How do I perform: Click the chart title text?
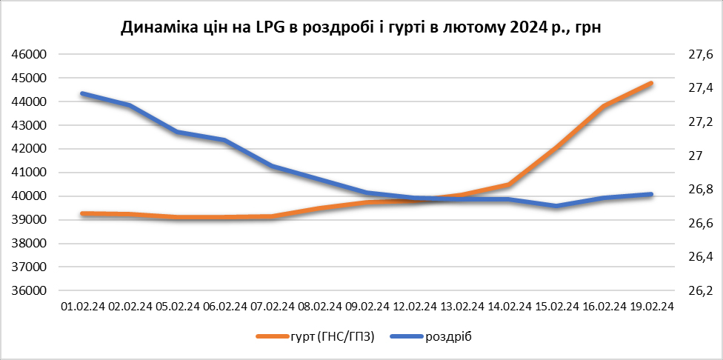pos(361,27)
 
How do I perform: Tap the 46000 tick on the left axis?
pos(30,54)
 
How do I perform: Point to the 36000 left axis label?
pos(30,291)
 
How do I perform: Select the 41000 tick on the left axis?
pos(30,173)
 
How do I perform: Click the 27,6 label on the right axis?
pos(700,54)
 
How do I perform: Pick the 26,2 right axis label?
pos(700,291)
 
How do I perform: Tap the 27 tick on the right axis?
pos(696,156)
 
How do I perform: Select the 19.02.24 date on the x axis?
pos(651,307)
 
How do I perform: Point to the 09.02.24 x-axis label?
pos(367,307)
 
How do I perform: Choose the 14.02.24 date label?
pos(509,307)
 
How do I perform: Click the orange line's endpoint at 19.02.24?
pos(651,84)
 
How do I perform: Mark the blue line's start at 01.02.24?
pos(83,93)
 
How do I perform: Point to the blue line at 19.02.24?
pos(651,194)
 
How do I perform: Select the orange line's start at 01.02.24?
pos(83,214)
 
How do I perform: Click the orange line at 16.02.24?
pos(604,106)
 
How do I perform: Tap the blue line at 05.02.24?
pos(178,132)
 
